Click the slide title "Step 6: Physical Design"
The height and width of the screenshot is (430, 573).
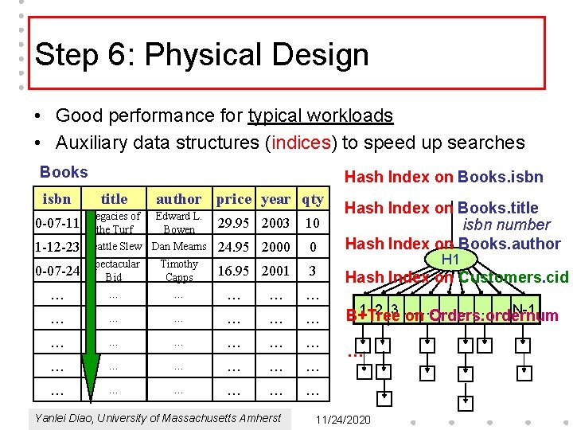pos(202,55)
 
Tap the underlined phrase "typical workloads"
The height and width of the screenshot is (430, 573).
pos(320,115)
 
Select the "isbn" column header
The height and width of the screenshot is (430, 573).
pos(57,199)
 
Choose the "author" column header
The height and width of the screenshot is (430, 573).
pos(179,199)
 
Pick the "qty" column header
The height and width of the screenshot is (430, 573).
pos(313,199)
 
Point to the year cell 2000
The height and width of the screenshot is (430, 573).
pos(275,247)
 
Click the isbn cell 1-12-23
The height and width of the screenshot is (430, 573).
pos(57,248)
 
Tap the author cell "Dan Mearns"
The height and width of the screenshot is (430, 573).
pos(179,247)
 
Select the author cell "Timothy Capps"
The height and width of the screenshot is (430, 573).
pos(179,271)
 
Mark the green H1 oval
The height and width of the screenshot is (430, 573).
pos(450,260)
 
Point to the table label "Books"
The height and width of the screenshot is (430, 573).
pos(64,172)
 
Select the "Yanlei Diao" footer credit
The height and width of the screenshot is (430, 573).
pos(158,418)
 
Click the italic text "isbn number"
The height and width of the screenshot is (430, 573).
pos(507,225)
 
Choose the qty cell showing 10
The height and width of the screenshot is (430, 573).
pos(313,223)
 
